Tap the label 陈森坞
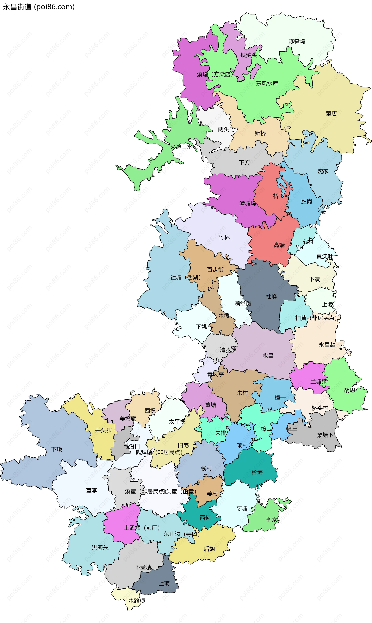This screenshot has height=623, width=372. coord(297,41)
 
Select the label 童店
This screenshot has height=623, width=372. coord(331,114)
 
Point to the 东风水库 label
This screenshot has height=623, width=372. coord(267,84)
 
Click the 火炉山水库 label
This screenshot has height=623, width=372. coord(184,147)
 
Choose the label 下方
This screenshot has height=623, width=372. coord(244,162)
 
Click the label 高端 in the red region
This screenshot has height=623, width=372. coord(279,245)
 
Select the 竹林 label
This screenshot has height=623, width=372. coord(224,237)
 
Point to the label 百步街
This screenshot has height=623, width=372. coord(215,269)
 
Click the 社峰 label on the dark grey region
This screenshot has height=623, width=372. coord(271,296)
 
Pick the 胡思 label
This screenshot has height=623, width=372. coord(350,390)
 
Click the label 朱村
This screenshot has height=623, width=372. coord(242,393)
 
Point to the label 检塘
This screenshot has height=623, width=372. coord(257,473)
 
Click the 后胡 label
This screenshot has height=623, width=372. coord(209,549)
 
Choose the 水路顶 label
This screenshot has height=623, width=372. coord(137,601)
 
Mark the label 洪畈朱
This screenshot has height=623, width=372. coord(100,548)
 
